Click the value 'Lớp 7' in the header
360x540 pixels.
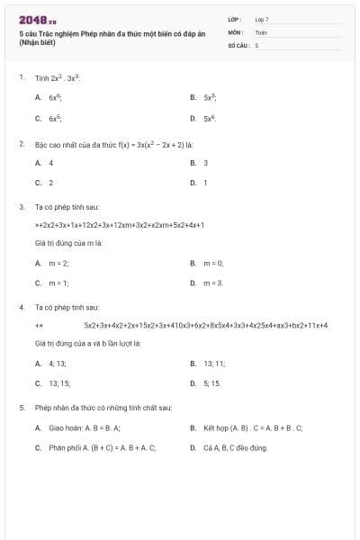click(x=262, y=18)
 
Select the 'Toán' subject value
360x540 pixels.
click(x=261, y=31)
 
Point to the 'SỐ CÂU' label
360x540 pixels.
click(x=238, y=44)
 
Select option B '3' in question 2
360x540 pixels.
click(x=206, y=163)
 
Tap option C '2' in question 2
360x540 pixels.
click(x=50, y=183)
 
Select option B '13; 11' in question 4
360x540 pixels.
click(x=214, y=363)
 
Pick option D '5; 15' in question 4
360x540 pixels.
click(x=211, y=382)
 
